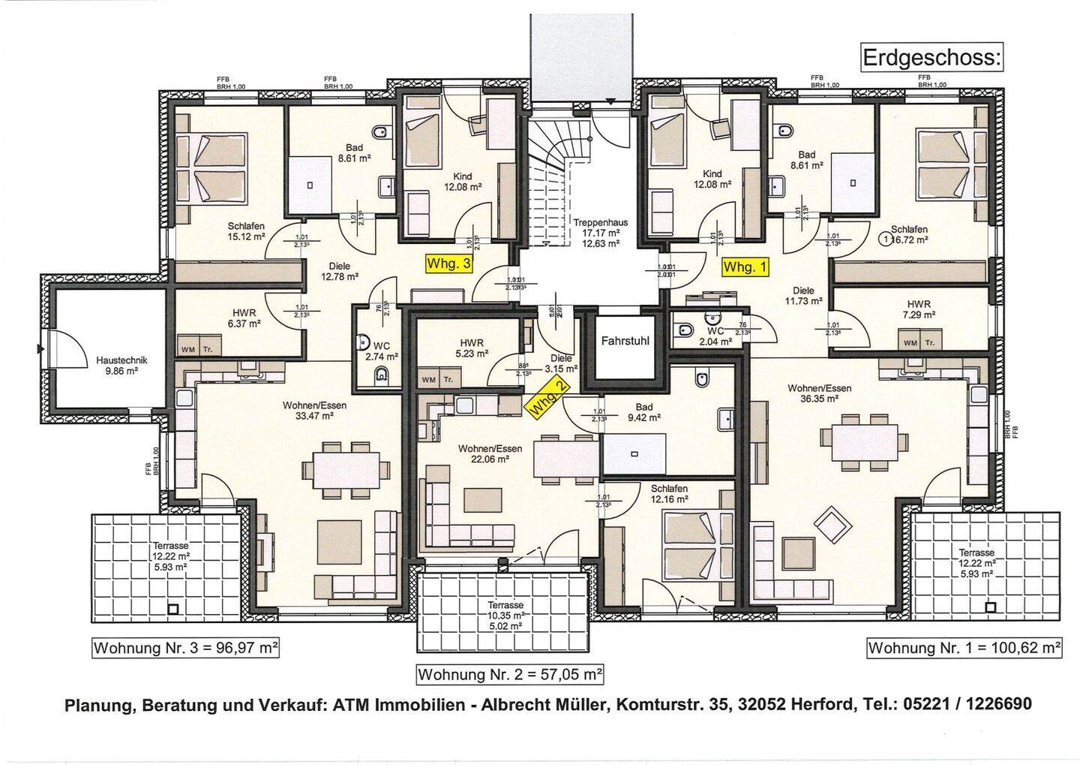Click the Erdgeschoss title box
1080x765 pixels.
(x=931, y=58)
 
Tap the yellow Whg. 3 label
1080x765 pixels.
(x=449, y=264)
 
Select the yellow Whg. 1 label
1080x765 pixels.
(x=745, y=267)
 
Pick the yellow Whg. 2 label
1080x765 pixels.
(x=548, y=398)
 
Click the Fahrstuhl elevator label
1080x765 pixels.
(x=625, y=341)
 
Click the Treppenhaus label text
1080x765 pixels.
(x=600, y=222)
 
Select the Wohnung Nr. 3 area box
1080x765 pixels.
(x=185, y=648)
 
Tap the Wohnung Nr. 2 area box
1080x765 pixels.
(x=510, y=674)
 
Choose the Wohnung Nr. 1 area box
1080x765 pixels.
(x=964, y=648)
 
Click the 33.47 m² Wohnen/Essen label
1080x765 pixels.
(x=314, y=410)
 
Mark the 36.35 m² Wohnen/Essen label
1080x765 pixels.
(x=819, y=393)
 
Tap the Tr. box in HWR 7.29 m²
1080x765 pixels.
(x=930, y=343)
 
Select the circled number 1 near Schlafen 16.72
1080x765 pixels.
(x=887, y=240)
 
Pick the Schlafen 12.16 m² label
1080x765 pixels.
(x=669, y=494)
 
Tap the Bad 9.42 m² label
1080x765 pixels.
(x=643, y=412)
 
